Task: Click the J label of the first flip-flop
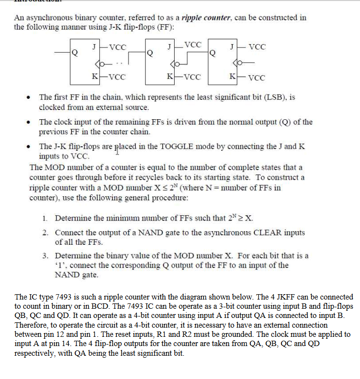(93, 47)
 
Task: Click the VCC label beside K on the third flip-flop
(256, 78)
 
